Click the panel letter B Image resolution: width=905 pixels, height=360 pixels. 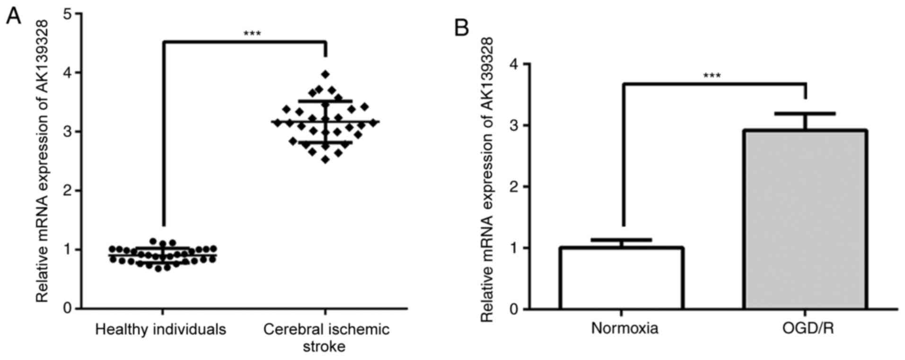pyautogui.click(x=461, y=28)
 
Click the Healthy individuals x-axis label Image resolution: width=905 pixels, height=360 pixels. pyautogui.click(x=160, y=329)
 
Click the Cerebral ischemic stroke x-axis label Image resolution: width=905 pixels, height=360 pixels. pyautogui.click(x=326, y=337)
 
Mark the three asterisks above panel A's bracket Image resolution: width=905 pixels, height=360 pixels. pyautogui.click(x=252, y=34)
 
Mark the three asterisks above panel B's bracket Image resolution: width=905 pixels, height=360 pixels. pyautogui.click(x=712, y=76)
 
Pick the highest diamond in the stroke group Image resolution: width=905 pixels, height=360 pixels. pyautogui.click(x=325, y=74)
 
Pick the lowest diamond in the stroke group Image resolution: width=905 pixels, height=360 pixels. pyautogui.click(x=325, y=160)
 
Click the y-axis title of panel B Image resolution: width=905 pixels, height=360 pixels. pyautogui.click(x=487, y=180)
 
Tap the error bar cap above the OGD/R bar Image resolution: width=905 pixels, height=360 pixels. pyautogui.click(x=805, y=114)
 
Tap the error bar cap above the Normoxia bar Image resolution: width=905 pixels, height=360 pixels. pyautogui.click(x=621, y=240)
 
